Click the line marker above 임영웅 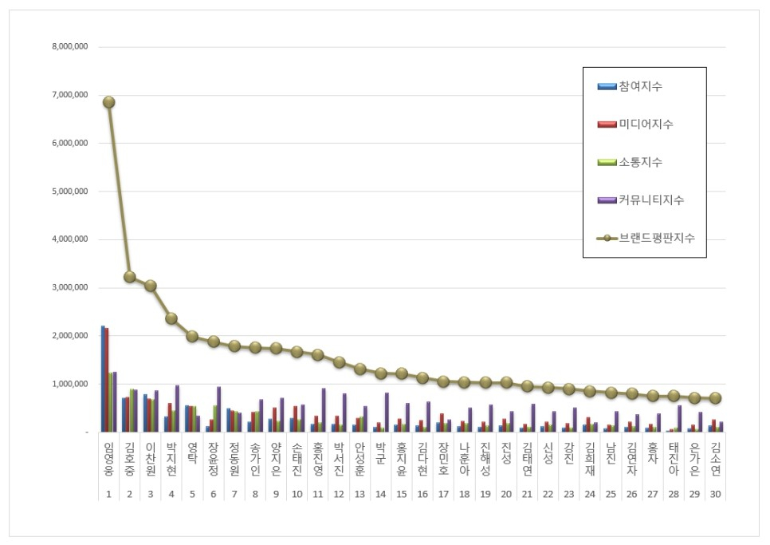[108, 102]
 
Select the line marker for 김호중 [130, 277]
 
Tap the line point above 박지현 [171, 318]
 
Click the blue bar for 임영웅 [103, 378]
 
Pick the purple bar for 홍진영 [324, 410]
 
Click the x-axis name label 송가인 [255, 458]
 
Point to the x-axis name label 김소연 [715, 458]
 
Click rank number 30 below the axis [715, 494]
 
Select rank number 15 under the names [401, 494]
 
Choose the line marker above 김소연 [715, 397]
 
